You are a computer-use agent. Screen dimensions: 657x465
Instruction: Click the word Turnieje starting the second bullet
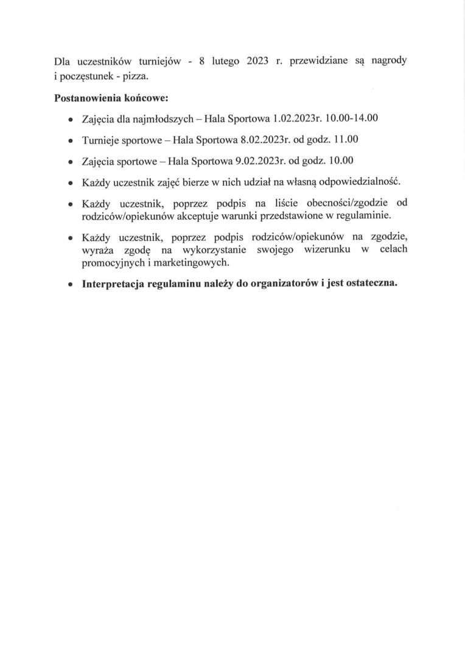click(102, 140)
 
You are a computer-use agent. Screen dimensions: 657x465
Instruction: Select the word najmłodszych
click(159, 118)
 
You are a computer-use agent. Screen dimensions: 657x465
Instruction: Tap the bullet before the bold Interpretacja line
click(71, 284)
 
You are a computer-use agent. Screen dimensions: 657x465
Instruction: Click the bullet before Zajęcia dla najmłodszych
click(71, 119)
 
